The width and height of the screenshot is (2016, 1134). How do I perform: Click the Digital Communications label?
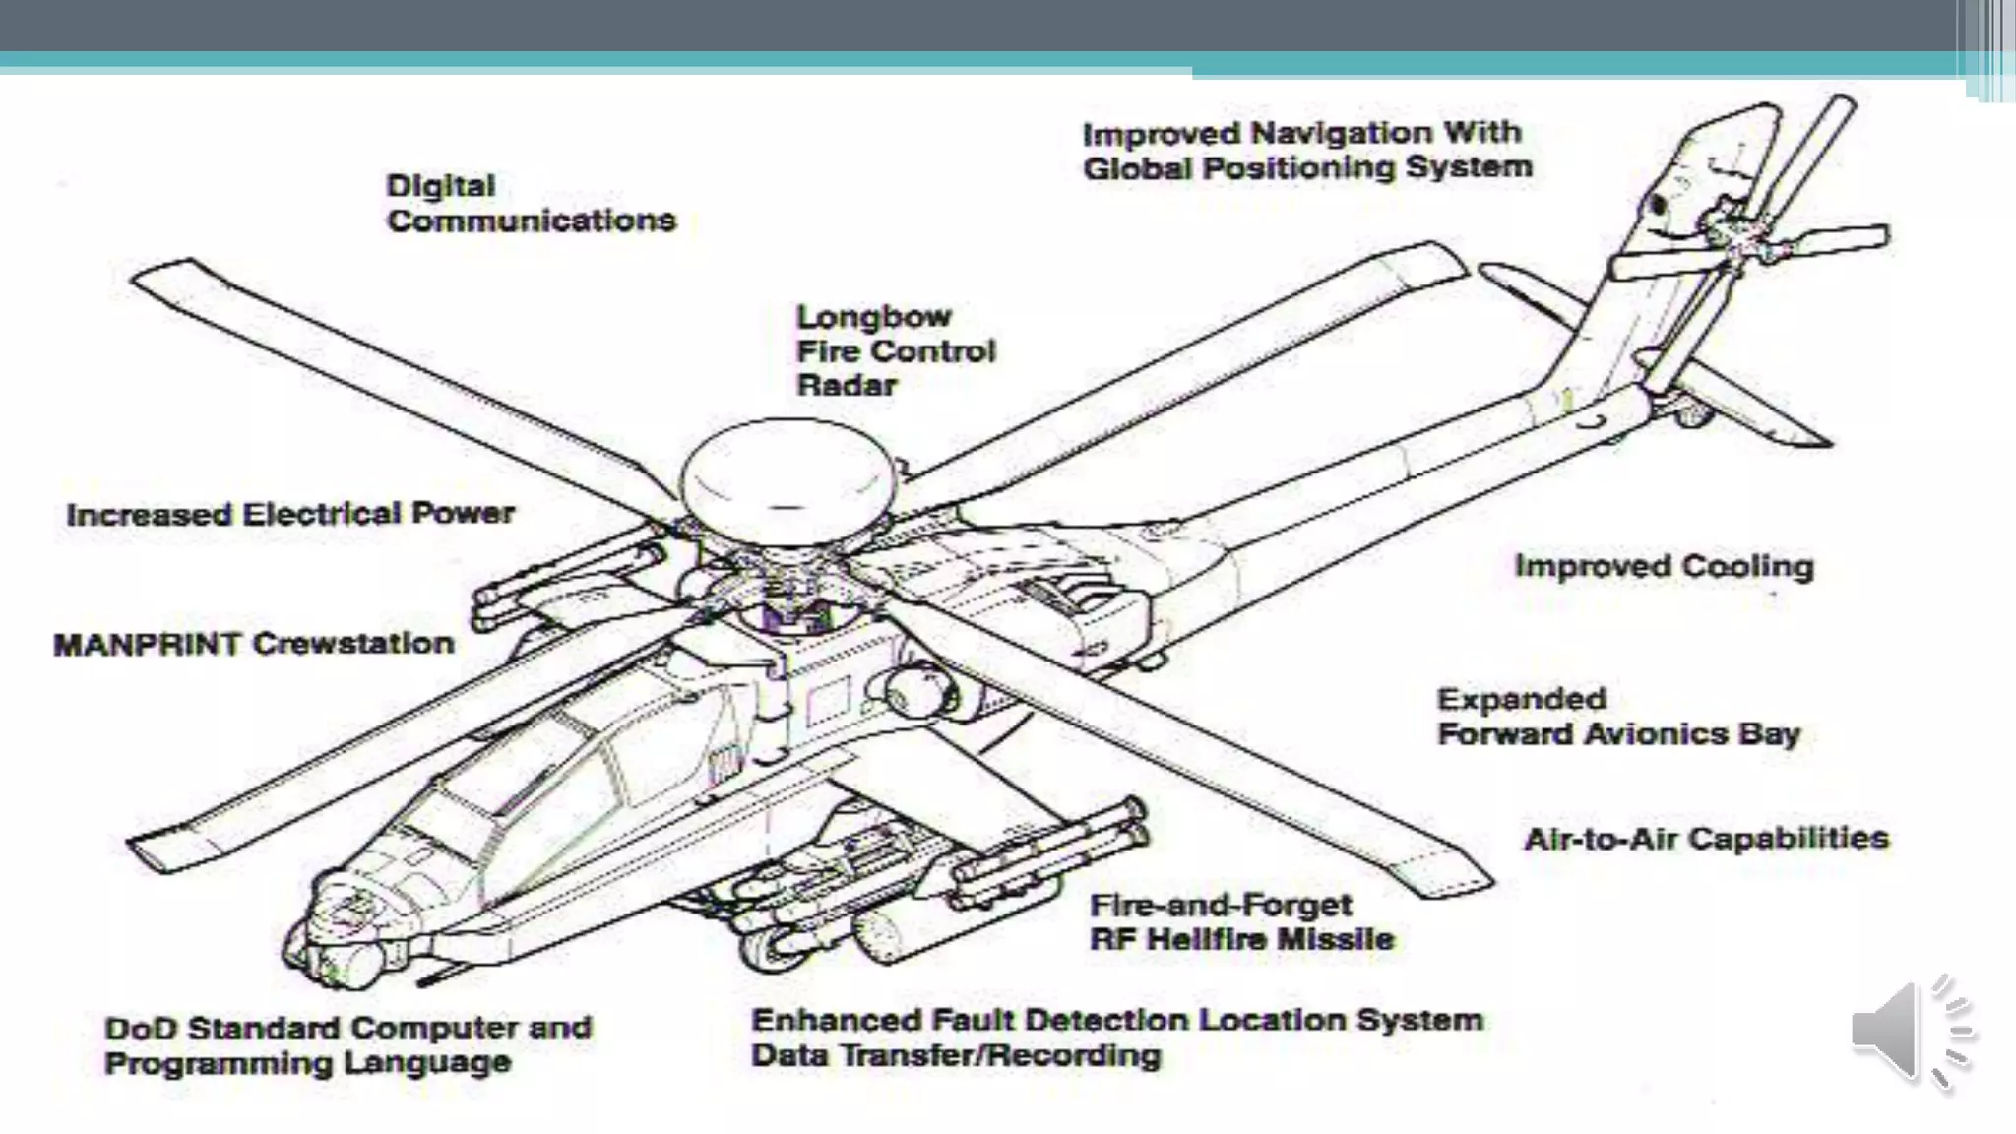(x=531, y=203)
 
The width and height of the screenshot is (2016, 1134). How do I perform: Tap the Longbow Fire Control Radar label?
(x=895, y=350)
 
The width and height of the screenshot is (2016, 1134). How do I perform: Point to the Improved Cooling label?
(x=1664, y=566)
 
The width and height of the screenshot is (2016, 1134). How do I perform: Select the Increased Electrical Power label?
(x=290, y=514)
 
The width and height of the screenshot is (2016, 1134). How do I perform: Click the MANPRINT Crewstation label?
(x=254, y=644)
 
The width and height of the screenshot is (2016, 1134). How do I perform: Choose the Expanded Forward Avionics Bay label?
(x=1617, y=717)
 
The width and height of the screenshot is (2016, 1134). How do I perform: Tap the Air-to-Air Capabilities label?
(x=1706, y=839)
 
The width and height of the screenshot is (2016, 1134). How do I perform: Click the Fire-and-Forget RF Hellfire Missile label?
(x=1241, y=921)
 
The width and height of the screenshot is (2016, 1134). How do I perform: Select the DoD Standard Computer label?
(x=347, y=1028)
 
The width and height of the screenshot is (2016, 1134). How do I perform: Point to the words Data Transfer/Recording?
(x=956, y=1056)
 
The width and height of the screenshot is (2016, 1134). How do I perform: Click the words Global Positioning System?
(x=1307, y=167)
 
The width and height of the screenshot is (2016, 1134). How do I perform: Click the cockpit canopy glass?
(x=532, y=778)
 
